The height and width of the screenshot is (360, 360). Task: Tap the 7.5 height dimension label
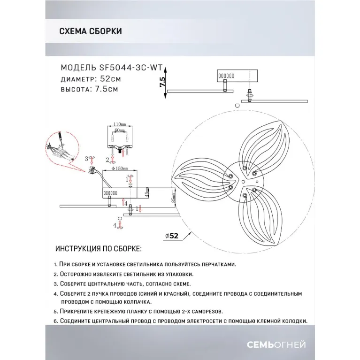[162, 82]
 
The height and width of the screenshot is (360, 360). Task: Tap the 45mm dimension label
[146, 193]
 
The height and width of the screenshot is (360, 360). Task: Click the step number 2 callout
[107, 160]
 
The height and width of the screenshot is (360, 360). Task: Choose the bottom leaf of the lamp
[262, 216]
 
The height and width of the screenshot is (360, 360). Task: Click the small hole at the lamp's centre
[243, 180]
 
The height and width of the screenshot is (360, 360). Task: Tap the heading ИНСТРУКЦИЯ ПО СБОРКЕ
[98, 248]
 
